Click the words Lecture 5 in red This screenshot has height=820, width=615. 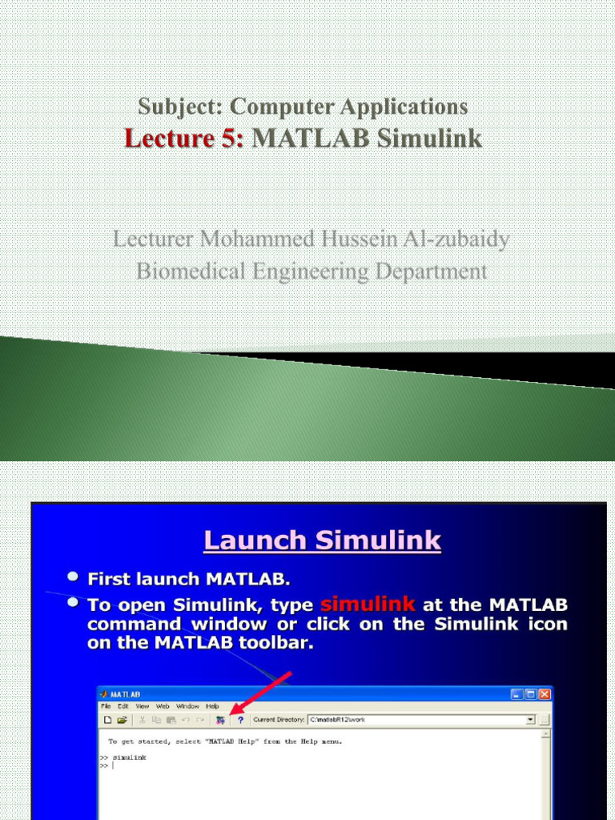(x=183, y=139)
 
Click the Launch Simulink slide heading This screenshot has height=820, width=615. (x=322, y=541)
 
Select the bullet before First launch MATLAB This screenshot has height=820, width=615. (x=73, y=577)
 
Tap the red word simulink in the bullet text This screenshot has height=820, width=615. (x=368, y=604)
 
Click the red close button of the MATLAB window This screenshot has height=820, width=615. (x=545, y=694)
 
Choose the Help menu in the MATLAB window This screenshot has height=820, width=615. (x=212, y=706)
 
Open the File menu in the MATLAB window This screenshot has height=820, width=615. (x=106, y=706)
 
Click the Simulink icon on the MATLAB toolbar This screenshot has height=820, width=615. (x=219, y=720)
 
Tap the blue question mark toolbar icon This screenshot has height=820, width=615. (x=239, y=720)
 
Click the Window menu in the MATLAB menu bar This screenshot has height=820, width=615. (x=187, y=706)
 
